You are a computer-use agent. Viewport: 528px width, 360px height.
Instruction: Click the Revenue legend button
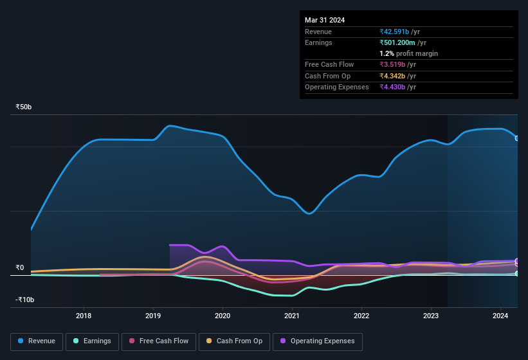[37, 341]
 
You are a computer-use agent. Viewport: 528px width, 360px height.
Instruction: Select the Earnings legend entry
[92, 341]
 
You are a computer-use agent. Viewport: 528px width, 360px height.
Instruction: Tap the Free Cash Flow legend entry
[159, 341]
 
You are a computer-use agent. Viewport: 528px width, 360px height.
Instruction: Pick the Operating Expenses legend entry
[318, 341]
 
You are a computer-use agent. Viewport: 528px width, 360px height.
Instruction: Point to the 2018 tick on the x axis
[84, 316]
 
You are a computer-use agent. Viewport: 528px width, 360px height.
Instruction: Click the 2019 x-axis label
[153, 316]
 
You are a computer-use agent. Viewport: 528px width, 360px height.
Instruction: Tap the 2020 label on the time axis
[223, 316]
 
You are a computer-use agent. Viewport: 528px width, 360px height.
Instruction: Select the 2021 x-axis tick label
[292, 316]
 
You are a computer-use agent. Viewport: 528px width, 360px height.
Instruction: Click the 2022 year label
[361, 316]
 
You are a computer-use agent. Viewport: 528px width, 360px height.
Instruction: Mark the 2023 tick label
[431, 316]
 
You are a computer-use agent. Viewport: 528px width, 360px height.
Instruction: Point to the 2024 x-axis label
[500, 316]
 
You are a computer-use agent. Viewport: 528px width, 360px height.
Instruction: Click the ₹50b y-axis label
[24, 107]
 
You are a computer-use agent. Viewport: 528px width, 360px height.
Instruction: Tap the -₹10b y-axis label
[25, 300]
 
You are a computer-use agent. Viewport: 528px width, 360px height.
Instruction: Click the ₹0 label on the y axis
[20, 267]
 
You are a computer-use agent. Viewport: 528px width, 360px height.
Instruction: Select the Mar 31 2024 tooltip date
[325, 20]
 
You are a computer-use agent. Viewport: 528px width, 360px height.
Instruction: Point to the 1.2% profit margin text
[409, 53]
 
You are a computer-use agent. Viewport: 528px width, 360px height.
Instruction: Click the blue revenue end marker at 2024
[516, 138]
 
